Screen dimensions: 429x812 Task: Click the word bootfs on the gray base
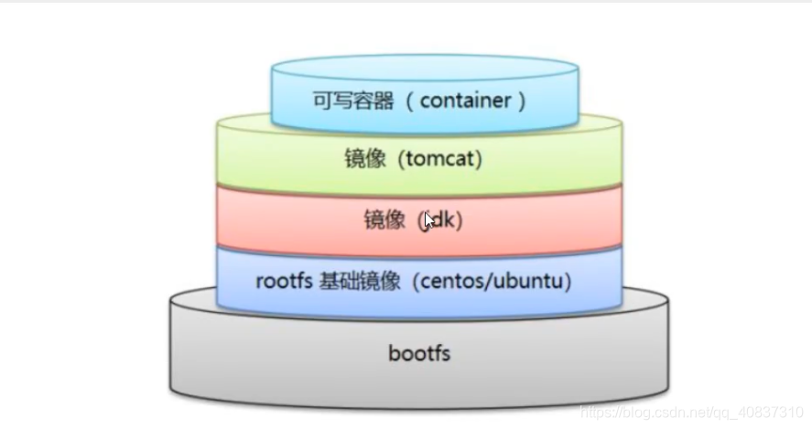418,352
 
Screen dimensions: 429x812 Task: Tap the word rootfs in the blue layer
285,281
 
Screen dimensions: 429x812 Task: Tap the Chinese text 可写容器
353,101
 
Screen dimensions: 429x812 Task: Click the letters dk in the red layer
445,220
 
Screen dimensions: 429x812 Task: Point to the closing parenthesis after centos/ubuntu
568,281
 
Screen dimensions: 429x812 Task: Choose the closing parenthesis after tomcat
478,158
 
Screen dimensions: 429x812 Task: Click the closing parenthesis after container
522,101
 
